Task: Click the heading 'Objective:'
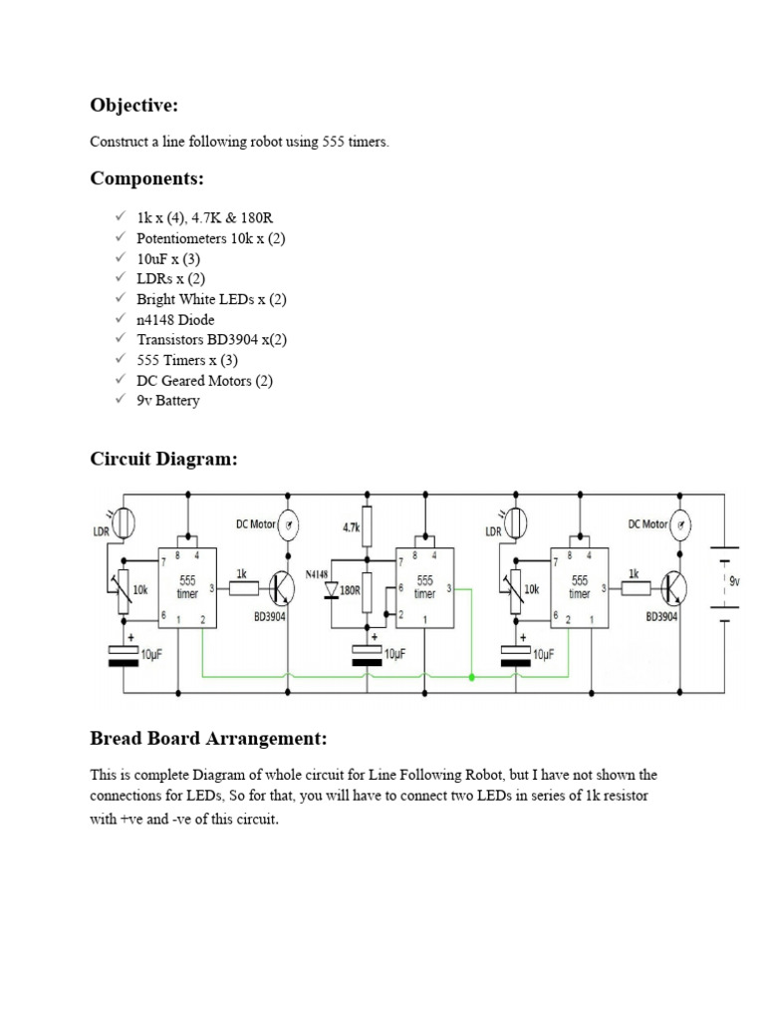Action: click(133, 105)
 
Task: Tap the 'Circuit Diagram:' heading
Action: click(164, 459)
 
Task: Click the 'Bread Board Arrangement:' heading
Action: click(208, 739)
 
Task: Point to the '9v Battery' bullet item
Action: click(167, 401)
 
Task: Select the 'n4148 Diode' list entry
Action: click(175, 319)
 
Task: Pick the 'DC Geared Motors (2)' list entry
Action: click(204, 380)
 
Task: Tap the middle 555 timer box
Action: click(425, 586)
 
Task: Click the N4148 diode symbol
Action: click(332, 589)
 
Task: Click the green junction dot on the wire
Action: click(471, 678)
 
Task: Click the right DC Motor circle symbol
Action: click(679, 525)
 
